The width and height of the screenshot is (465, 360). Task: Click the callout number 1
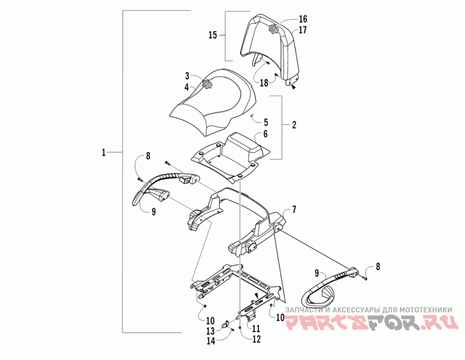point(103,153)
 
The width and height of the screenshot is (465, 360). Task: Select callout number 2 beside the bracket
point(294,125)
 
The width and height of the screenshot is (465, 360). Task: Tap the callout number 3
point(188,76)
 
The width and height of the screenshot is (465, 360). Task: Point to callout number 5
point(266,123)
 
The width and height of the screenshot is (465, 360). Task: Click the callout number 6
point(266,134)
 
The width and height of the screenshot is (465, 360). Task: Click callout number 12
point(256,340)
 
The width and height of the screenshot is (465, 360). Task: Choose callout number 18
point(264,83)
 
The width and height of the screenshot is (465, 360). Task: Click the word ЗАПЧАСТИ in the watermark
point(307,309)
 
